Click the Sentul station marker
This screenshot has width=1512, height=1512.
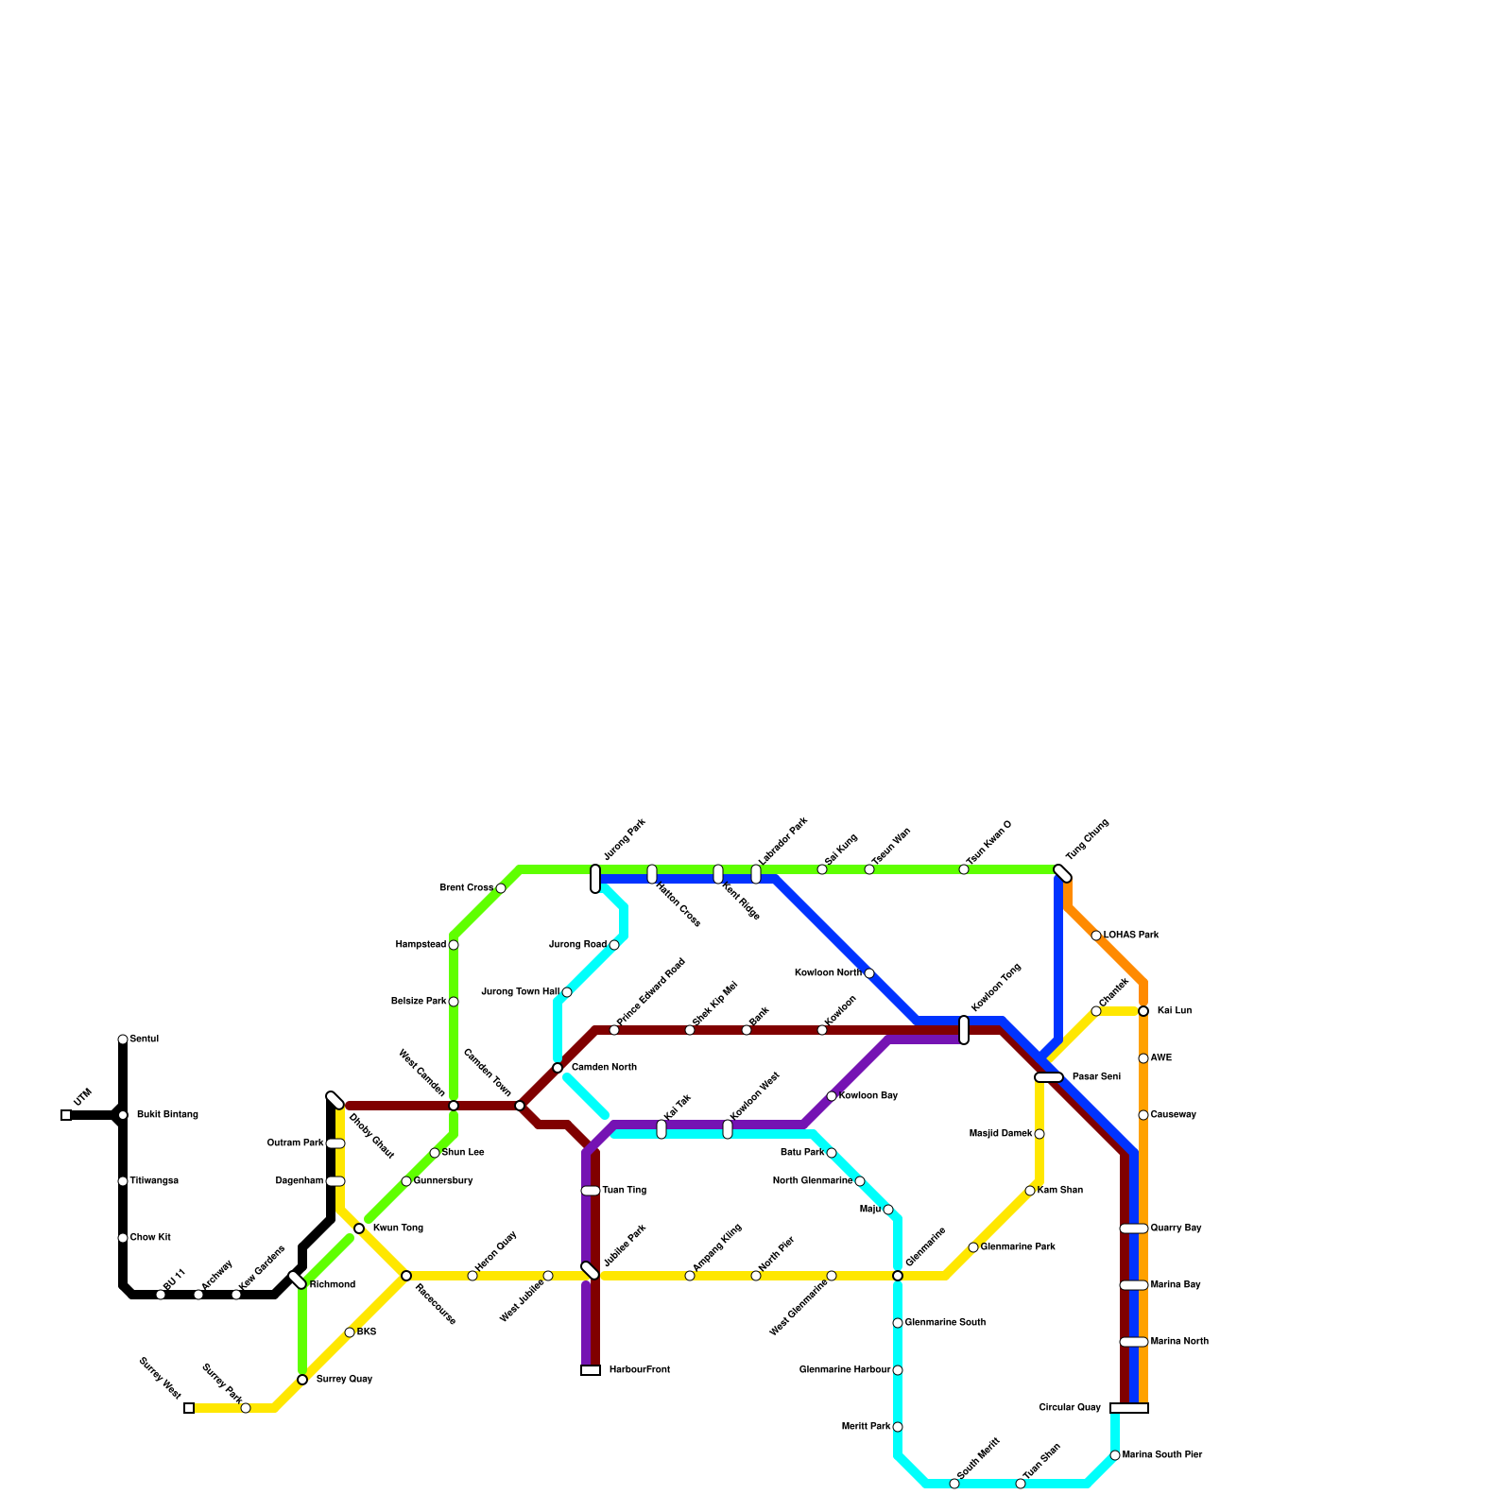(x=123, y=1039)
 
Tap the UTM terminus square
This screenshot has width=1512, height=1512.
(x=66, y=1115)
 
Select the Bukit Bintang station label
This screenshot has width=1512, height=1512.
(x=167, y=1115)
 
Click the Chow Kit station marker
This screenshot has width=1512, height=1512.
(x=123, y=1238)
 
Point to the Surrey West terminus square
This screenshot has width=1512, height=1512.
(x=189, y=1408)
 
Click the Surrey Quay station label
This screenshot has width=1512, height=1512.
(x=344, y=1380)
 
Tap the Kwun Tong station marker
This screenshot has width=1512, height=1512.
(x=359, y=1228)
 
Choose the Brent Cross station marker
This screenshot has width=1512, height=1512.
(x=501, y=888)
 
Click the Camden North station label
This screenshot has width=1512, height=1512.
(x=604, y=1068)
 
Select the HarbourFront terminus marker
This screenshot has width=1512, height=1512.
(x=591, y=1370)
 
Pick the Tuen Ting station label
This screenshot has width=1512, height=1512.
(x=624, y=1191)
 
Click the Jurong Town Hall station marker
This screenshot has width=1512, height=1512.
(x=567, y=992)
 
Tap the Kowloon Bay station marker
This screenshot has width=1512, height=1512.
(x=832, y=1096)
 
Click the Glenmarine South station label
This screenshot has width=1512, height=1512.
(x=945, y=1323)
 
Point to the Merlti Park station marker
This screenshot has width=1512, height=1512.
(x=898, y=1427)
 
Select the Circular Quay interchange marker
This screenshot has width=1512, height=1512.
(x=1129, y=1408)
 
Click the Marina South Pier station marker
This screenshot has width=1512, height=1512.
(x=1115, y=1455)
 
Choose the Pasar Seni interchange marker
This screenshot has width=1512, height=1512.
(x=1049, y=1077)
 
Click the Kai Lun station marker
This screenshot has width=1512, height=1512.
(x=1143, y=1011)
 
